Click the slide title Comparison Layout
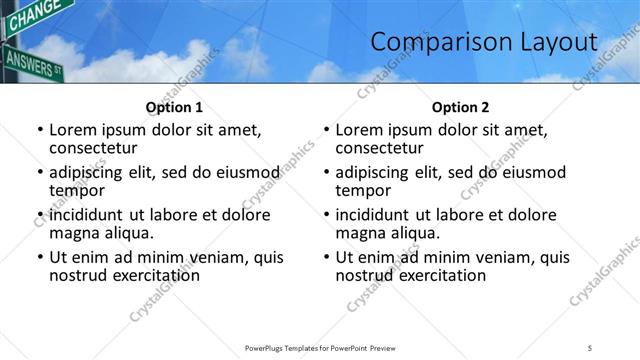(x=484, y=42)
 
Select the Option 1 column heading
(x=174, y=107)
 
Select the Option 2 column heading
(x=460, y=107)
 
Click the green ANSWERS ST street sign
(x=33, y=62)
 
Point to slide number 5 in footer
(x=590, y=347)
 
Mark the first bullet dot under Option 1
(x=40, y=131)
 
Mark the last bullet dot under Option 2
(x=326, y=258)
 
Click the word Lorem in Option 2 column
(x=360, y=130)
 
